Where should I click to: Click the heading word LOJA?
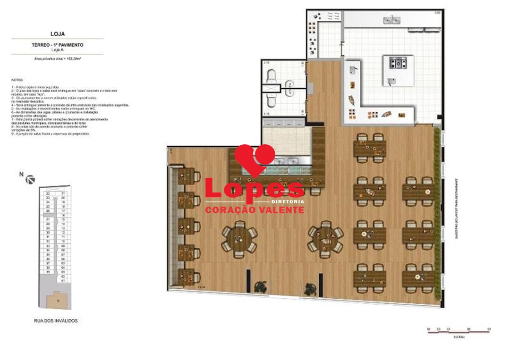[57, 34]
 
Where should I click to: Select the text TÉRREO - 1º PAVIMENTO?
[57, 44]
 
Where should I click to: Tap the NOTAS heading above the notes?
[16, 80]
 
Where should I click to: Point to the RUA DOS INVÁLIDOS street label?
[56, 321]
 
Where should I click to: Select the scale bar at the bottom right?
[458, 330]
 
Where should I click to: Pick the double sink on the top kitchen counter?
[392, 20]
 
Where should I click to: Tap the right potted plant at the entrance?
[310, 287]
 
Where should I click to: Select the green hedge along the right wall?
[438, 212]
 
